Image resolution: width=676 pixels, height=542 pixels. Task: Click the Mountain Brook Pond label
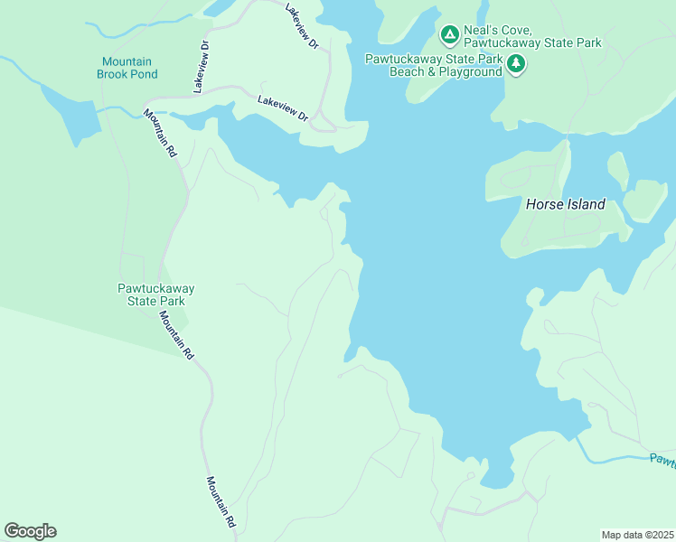click(127, 68)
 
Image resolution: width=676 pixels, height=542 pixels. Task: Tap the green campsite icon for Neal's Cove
click(449, 35)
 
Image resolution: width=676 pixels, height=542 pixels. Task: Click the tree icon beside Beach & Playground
click(516, 64)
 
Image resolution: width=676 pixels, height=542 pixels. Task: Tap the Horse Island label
click(565, 205)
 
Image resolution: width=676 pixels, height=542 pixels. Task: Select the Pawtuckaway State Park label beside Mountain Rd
click(156, 294)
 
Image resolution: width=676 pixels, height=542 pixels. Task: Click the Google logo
click(30, 531)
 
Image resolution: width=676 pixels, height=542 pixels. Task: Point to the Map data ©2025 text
click(637, 535)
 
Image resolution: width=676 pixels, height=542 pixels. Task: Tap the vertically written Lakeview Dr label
click(201, 66)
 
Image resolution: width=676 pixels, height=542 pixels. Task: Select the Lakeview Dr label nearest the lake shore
click(283, 108)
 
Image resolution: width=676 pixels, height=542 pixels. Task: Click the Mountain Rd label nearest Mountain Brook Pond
click(159, 134)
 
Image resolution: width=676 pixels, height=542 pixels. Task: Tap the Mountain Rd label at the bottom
click(221, 502)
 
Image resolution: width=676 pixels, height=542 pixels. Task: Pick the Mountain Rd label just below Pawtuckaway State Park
click(176, 336)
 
